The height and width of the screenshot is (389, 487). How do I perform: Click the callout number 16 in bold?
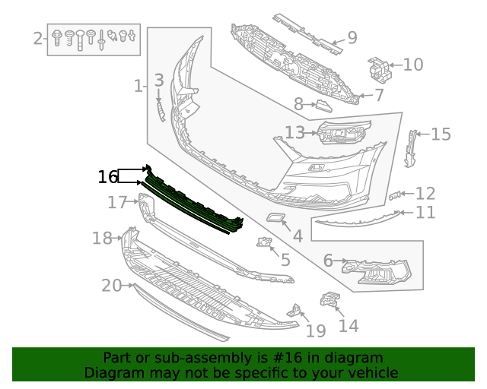click(x=108, y=177)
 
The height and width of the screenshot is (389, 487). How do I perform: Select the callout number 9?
click(x=352, y=37)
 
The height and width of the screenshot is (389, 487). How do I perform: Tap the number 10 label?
click(x=412, y=65)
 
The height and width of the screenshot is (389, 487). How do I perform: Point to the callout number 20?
click(x=111, y=286)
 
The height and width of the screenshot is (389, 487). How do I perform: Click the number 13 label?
click(x=294, y=133)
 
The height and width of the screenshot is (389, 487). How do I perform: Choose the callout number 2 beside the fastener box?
click(x=38, y=37)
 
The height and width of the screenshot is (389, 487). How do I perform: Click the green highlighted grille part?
click(x=194, y=201)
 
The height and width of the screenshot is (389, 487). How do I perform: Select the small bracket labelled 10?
click(x=380, y=68)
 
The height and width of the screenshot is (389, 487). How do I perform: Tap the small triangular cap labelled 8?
click(x=323, y=106)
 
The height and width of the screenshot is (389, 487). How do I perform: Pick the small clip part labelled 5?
click(x=264, y=243)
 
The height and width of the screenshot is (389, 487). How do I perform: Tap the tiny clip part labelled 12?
click(x=394, y=197)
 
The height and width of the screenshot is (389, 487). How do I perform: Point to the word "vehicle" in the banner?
click(x=372, y=373)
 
